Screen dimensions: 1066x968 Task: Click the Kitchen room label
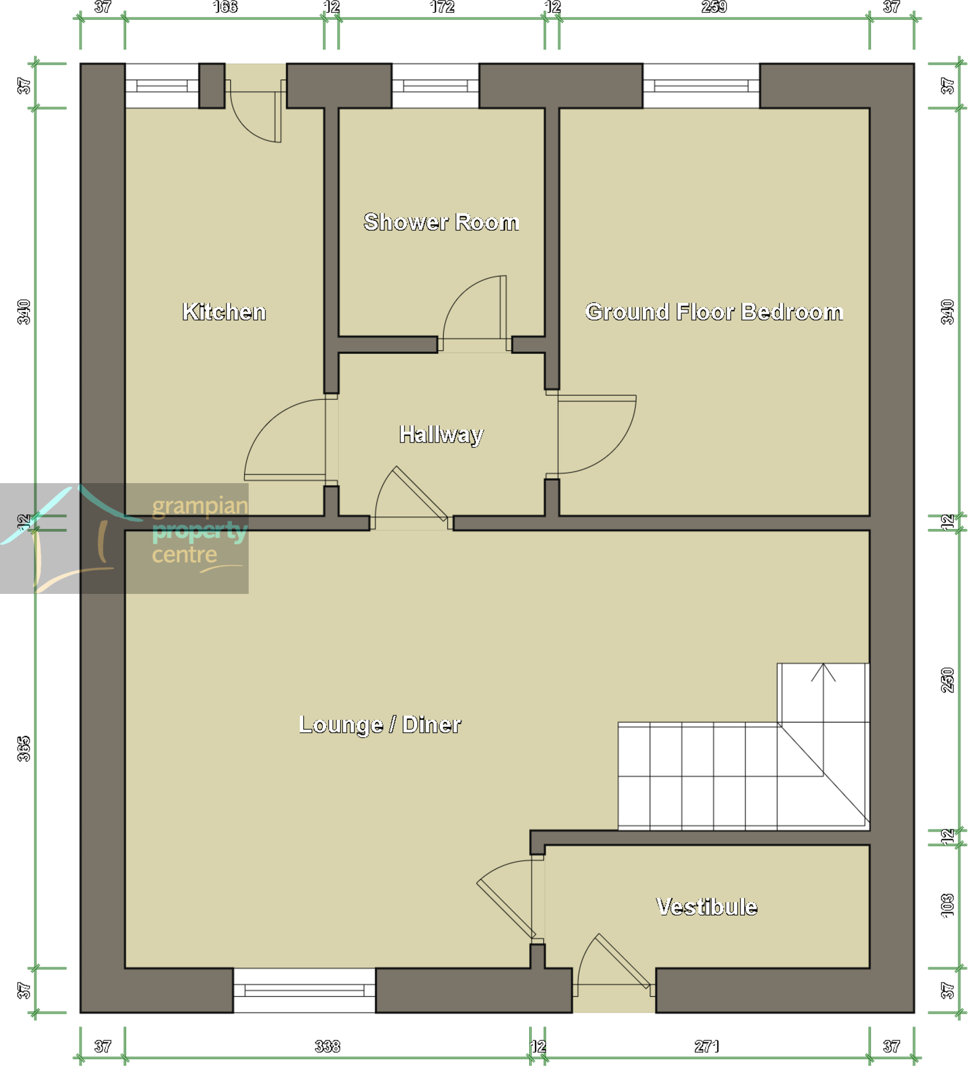(224, 312)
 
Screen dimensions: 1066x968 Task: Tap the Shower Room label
(441, 222)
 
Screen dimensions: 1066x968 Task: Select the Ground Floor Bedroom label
(714, 312)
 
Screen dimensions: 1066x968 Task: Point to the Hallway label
(441, 434)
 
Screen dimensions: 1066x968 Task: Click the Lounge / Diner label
(380, 724)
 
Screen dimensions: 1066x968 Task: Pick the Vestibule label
(707, 907)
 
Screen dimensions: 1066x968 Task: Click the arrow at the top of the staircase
(823, 673)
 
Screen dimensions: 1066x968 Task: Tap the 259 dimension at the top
(714, 7)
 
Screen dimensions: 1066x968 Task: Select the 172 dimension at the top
(442, 7)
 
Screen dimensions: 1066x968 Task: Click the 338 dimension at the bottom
(327, 1046)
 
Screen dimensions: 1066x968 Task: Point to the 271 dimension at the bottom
(707, 1046)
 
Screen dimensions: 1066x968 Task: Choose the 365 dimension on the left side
(23, 749)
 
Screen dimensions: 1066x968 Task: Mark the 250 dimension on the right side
(947, 680)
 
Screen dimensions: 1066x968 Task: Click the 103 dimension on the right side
(947, 906)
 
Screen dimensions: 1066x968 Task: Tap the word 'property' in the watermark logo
(199, 531)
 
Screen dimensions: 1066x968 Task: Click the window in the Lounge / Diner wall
(304, 990)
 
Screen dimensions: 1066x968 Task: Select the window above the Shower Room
(435, 86)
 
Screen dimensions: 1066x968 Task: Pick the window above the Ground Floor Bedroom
(701, 86)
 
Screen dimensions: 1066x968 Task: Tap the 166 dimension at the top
(225, 7)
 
